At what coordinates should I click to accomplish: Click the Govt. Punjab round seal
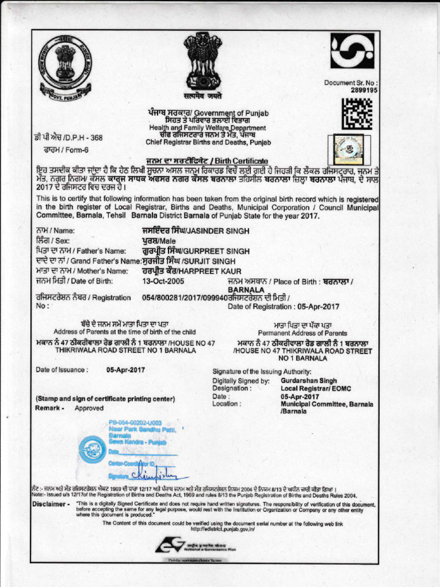click(65, 67)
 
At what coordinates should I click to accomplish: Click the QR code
click(356, 114)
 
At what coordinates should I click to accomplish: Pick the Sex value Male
click(167, 241)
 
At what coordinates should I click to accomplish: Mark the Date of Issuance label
click(62, 370)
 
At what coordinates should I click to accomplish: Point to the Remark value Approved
click(89, 409)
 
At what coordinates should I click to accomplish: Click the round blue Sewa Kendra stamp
click(92, 449)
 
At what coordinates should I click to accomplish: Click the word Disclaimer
click(51, 504)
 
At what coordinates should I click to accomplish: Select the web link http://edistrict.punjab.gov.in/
click(223, 530)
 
